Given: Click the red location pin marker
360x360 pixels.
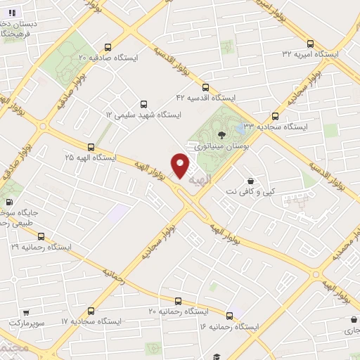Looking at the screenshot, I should (181, 165).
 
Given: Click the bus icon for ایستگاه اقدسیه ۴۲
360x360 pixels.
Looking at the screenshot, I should (205, 87).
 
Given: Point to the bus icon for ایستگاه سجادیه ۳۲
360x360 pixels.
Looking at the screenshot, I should (274, 116).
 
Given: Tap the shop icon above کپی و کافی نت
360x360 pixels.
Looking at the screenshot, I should (251, 180).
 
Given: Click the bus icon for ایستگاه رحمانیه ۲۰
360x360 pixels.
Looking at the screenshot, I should (178, 300).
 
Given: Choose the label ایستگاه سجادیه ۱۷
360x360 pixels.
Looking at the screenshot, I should (92, 321).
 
